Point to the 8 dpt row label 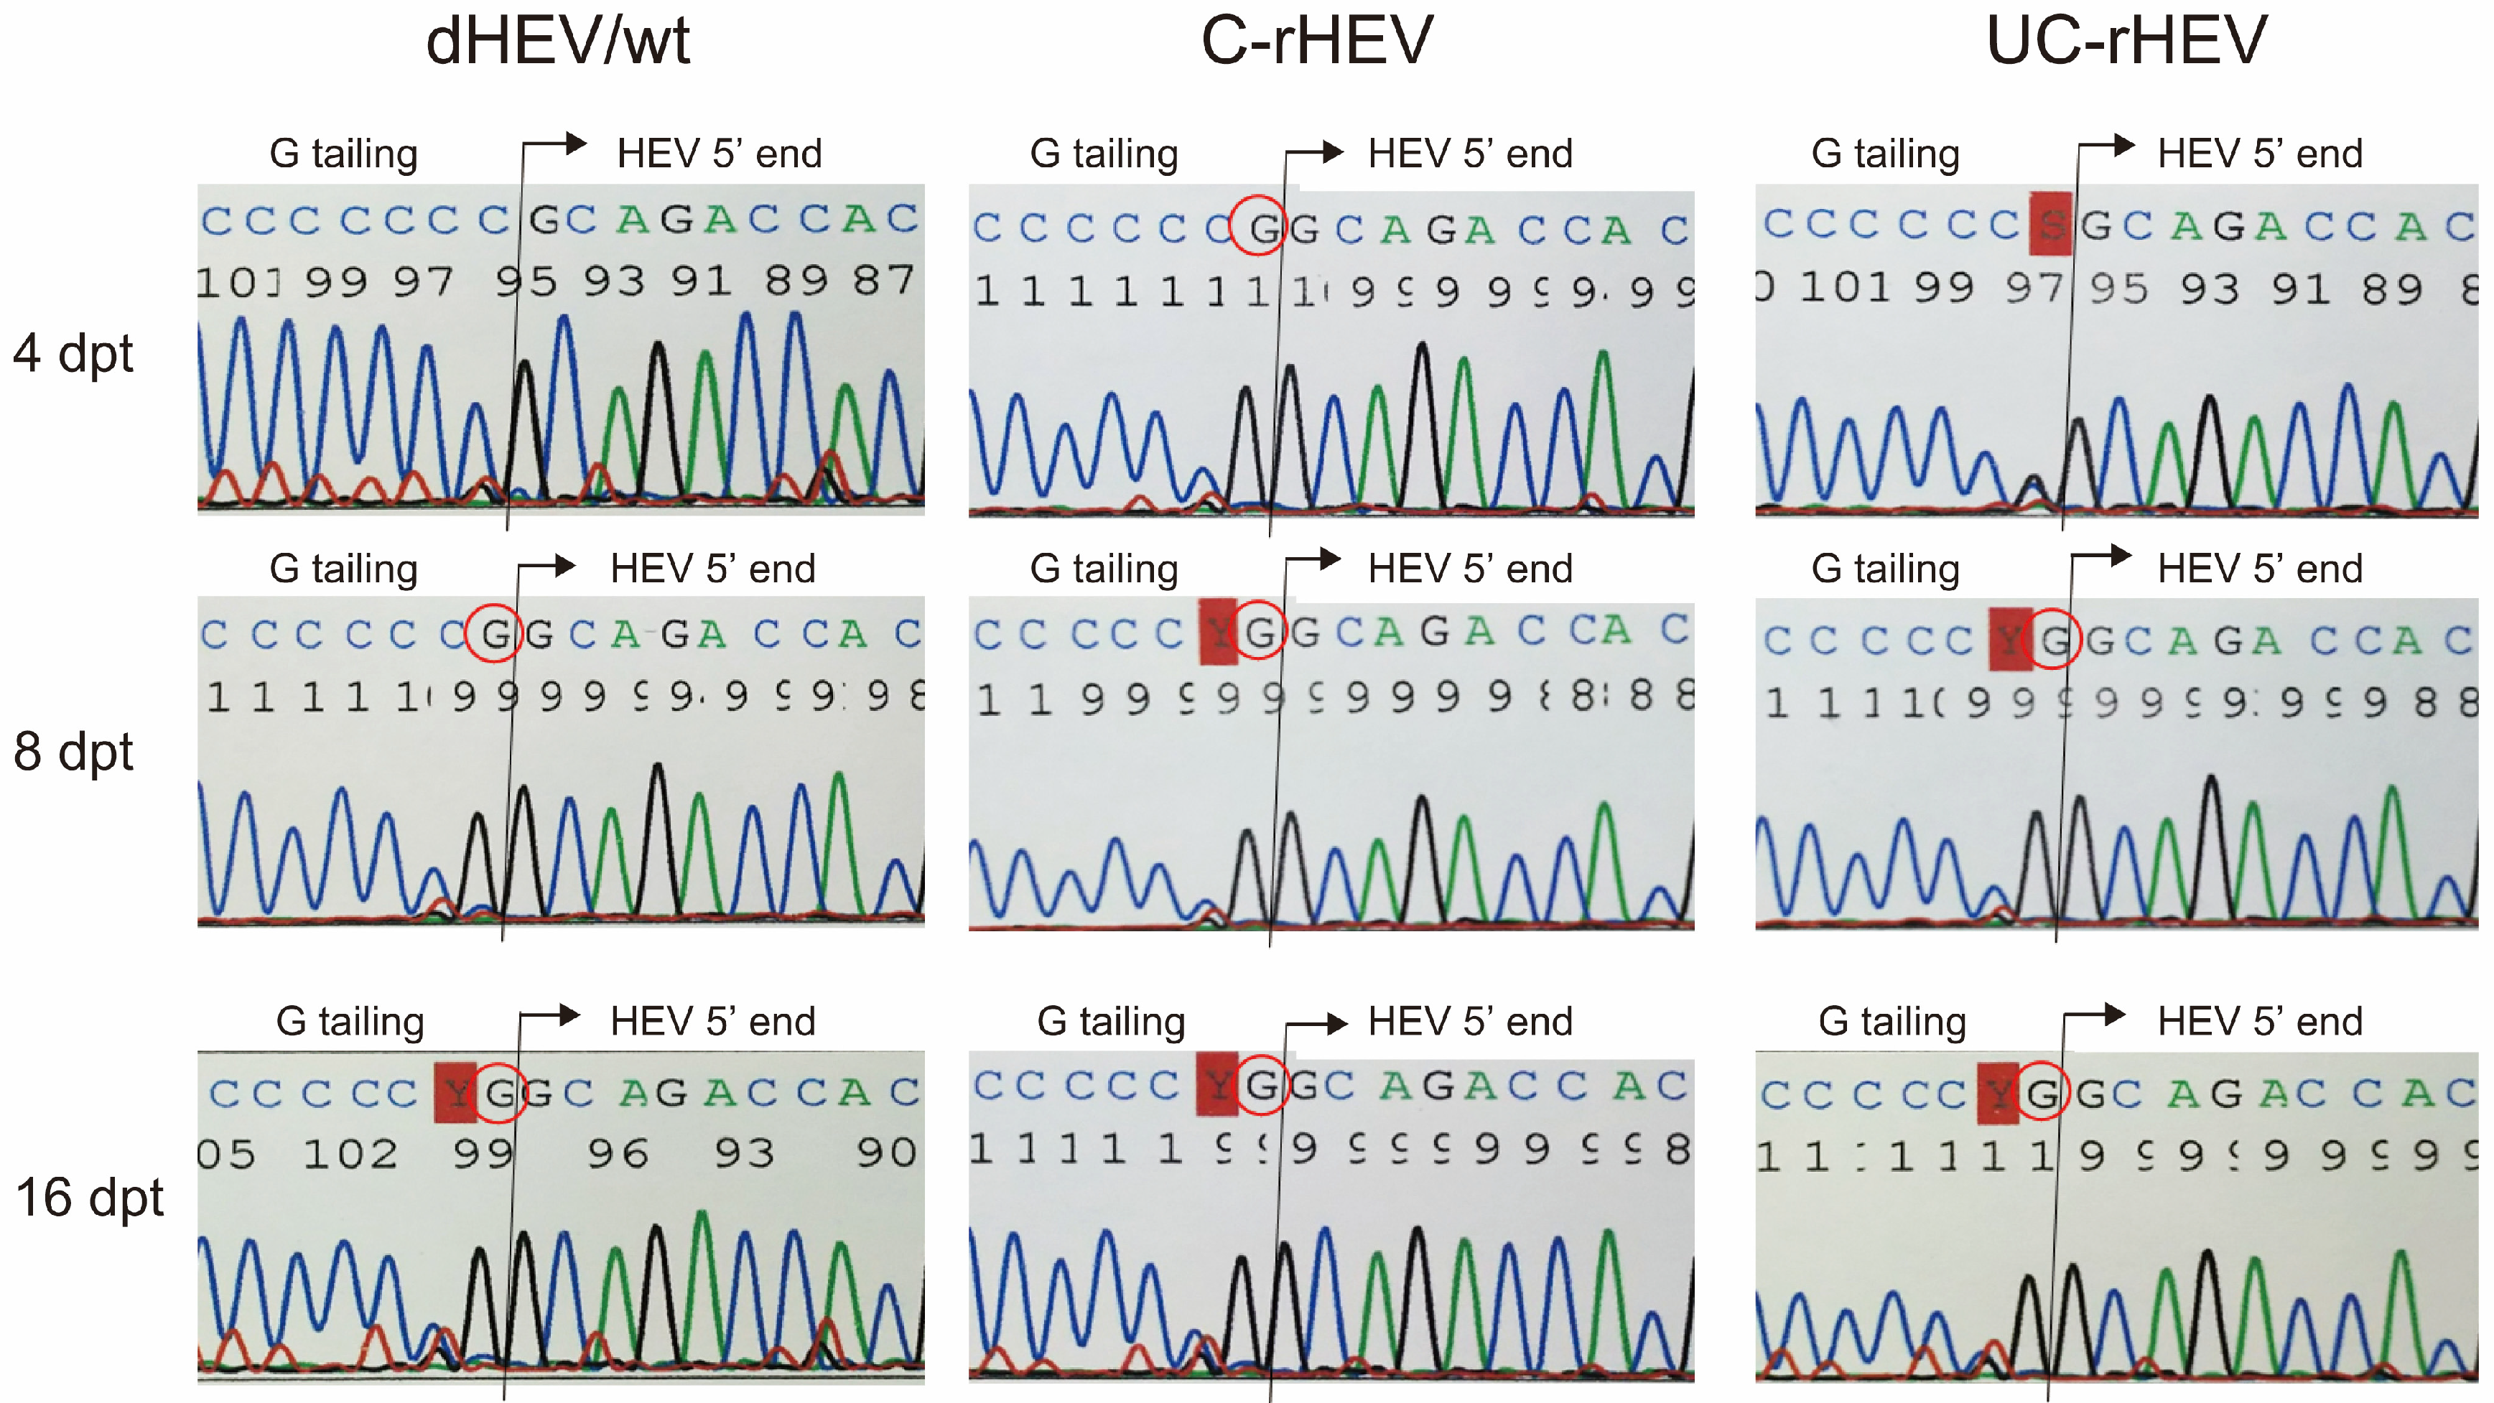(x=73, y=752)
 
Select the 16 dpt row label (x=90, y=1198)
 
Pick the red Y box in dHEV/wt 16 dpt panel (x=455, y=1092)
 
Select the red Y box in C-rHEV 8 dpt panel (x=1218, y=633)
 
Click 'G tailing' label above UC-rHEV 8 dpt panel (x=1885, y=569)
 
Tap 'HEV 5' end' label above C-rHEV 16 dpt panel (x=1470, y=1022)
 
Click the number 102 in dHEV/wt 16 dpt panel (x=350, y=1154)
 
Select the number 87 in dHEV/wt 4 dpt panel (x=883, y=281)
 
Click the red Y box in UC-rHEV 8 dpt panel (x=2010, y=639)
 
